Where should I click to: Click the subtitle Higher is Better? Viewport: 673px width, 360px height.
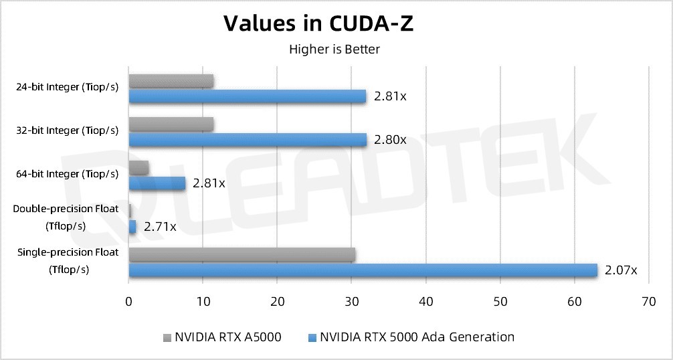[x=334, y=49]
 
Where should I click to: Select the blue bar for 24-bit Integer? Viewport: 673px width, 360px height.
[x=247, y=96]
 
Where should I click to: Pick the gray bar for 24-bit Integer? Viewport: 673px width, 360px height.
[x=171, y=81]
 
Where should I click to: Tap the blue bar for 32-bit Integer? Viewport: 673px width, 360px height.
[x=248, y=139]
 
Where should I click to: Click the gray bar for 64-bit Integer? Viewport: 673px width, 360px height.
[x=138, y=167]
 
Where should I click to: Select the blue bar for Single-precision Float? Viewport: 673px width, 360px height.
[x=363, y=270]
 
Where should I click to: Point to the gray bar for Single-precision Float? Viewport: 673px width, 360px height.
[x=242, y=254]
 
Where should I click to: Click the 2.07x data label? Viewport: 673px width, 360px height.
[x=620, y=270]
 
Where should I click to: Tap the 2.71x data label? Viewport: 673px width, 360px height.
[x=160, y=227]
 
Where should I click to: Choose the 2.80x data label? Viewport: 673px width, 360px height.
[x=390, y=139]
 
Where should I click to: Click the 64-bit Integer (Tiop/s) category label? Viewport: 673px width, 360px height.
[x=67, y=174]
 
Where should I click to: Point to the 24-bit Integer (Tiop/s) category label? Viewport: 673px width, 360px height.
[x=67, y=87]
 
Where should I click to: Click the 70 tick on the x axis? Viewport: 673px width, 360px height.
[x=648, y=302]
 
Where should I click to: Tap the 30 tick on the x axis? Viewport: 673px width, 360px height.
[x=351, y=302]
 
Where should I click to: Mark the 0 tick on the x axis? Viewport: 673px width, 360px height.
[x=129, y=302]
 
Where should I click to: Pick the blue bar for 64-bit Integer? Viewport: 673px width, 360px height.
[x=157, y=183]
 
